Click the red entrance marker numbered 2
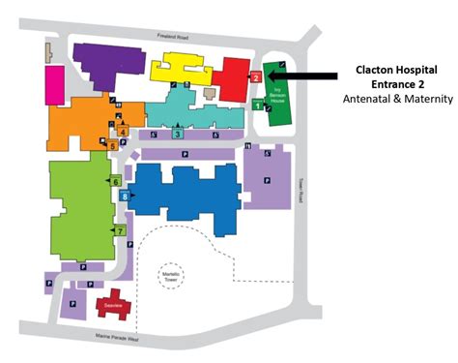tap(256, 76)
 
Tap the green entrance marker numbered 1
tap(256, 105)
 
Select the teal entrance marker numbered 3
tap(177, 134)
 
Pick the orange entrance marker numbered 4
tap(123, 131)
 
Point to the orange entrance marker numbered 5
tap(113, 145)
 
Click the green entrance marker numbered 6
tap(116, 181)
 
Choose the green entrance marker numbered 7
tap(120, 229)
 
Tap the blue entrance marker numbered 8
tap(126, 197)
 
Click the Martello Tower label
tap(172, 274)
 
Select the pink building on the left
tap(54, 80)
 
